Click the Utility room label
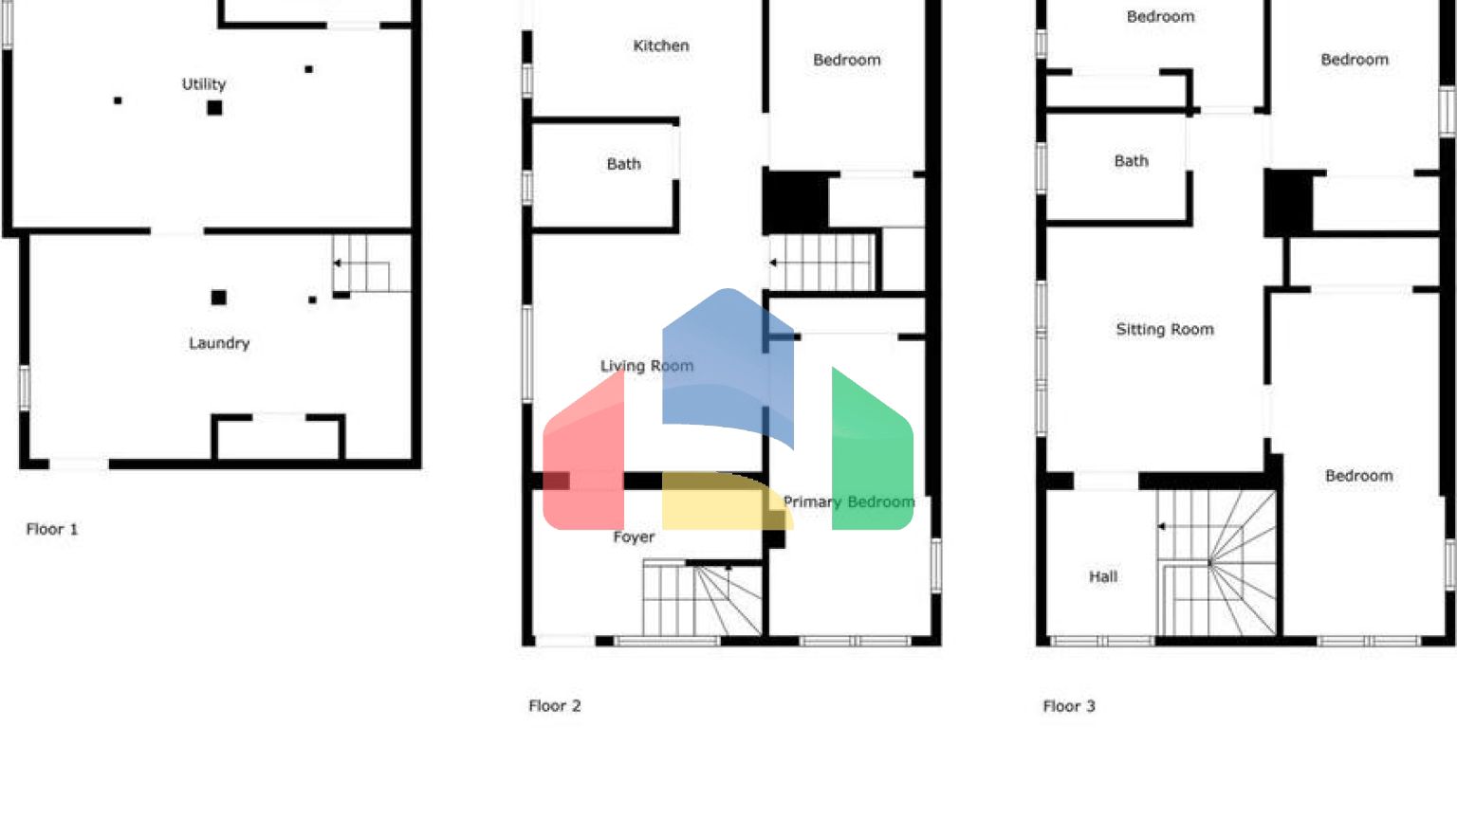point(204,84)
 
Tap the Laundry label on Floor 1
point(219,343)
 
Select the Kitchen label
point(661,45)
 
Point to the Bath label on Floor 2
point(624,164)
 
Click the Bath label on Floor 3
point(1131,161)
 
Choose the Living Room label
point(646,366)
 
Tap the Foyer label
point(634,537)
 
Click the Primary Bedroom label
point(848,502)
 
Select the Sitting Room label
point(1165,330)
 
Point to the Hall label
point(1103,576)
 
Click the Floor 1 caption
point(52,529)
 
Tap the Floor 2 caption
point(555,706)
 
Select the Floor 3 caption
point(1069,706)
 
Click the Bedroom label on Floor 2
point(847,60)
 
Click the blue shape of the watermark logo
point(727,360)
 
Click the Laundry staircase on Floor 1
point(363,265)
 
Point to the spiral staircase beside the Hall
point(1217,563)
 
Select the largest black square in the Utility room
point(215,108)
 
